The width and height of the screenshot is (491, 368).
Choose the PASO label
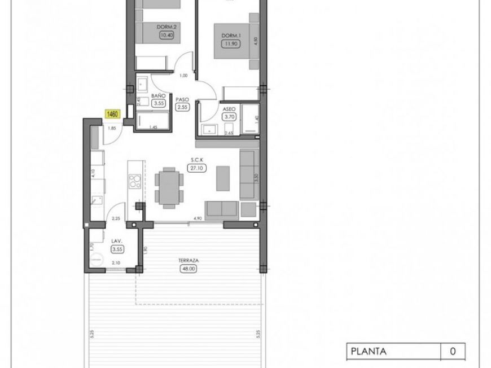coord(182,98)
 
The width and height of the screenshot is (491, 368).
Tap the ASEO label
coord(229,108)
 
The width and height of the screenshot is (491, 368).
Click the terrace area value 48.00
coord(186,269)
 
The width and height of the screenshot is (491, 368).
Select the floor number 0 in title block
coord(453,351)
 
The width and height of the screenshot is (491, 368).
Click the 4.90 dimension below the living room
coord(198,218)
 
